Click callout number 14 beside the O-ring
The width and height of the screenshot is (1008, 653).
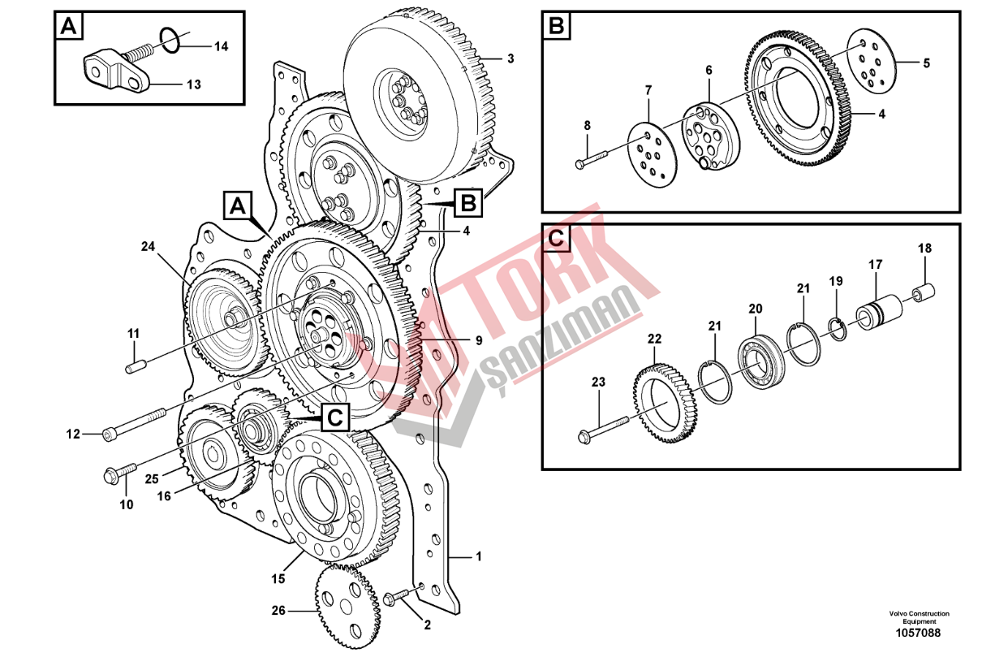(221, 47)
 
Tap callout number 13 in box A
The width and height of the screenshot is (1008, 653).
(193, 84)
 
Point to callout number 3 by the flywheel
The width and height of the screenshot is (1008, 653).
(510, 58)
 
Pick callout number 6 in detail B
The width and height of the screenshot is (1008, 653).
(708, 71)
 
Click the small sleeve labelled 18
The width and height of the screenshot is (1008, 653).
(927, 289)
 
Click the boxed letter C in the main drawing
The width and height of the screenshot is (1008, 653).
(335, 418)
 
